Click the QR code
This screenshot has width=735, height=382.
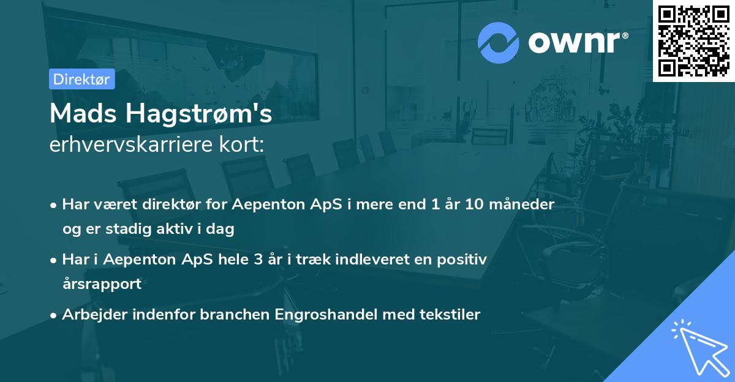click(693, 41)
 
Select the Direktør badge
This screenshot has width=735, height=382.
click(81, 79)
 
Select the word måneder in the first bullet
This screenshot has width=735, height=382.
click(526, 204)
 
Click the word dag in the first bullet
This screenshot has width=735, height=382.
click(223, 229)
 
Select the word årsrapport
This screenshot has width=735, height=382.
click(102, 283)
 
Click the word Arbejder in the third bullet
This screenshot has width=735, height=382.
click(89, 314)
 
